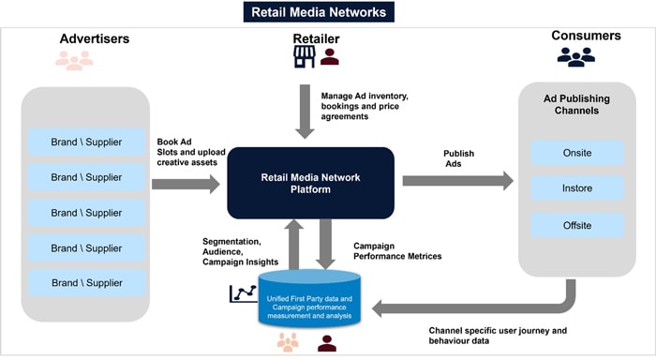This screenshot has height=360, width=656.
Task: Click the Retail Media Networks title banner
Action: pos(318,12)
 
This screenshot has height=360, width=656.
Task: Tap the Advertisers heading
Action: pos(94,38)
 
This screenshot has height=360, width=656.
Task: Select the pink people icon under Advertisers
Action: pos(74,61)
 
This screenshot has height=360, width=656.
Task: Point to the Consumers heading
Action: pos(587,36)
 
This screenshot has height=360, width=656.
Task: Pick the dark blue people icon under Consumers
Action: pos(575,57)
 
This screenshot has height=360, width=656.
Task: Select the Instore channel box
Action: pos(577,188)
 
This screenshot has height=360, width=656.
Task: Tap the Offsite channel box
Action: pos(577,225)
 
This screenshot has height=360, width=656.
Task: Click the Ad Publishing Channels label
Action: pos(577,105)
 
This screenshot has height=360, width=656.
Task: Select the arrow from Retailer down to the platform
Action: pos(306,110)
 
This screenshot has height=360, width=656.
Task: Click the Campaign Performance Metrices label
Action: pos(398,250)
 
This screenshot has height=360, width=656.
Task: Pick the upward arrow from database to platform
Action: pos(293,246)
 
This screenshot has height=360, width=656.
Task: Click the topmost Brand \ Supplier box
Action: pos(85,142)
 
